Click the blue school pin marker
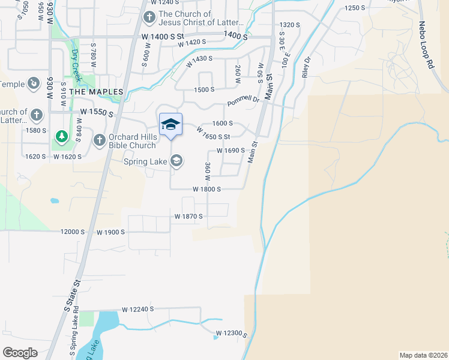pyautogui.click(x=170, y=125)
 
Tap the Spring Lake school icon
pyautogui.click(x=176, y=160)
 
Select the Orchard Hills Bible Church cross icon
pyautogui.click(x=100, y=140)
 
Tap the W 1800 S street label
pyautogui.click(x=207, y=189)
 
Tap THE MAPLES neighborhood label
pyautogui.click(x=96, y=92)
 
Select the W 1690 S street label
pyautogui.click(x=231, y=151)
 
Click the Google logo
pyautogui.click(x=20, y=352)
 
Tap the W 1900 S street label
pyautogui.click(x=110, y=232)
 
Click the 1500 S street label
pyautogui.click(x=204, y=89)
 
